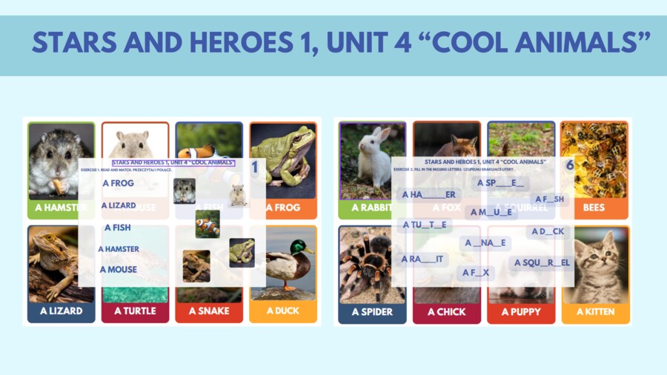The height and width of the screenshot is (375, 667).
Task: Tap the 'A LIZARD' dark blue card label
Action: (61, 311)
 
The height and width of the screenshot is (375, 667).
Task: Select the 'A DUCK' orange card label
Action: (282, 311)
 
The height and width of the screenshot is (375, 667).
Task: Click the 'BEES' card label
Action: (594, 208)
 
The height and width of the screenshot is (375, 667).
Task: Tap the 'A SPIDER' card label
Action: (372, 312)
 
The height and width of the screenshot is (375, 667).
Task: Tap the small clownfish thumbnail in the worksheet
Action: (208, 224)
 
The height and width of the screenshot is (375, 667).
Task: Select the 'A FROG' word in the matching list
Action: (119, 183)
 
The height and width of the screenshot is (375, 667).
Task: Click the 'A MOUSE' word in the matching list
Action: (119, 270)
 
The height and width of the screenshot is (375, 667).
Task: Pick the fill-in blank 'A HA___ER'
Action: (428, 195)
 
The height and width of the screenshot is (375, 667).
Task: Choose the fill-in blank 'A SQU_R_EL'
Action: (541, 262)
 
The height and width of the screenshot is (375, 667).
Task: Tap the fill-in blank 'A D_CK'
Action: (548, 232)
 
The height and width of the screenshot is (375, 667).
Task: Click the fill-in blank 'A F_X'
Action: (475, 273)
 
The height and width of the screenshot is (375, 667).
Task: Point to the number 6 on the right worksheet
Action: (570, 165)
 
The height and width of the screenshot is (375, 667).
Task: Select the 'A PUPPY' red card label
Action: (520, 312)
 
